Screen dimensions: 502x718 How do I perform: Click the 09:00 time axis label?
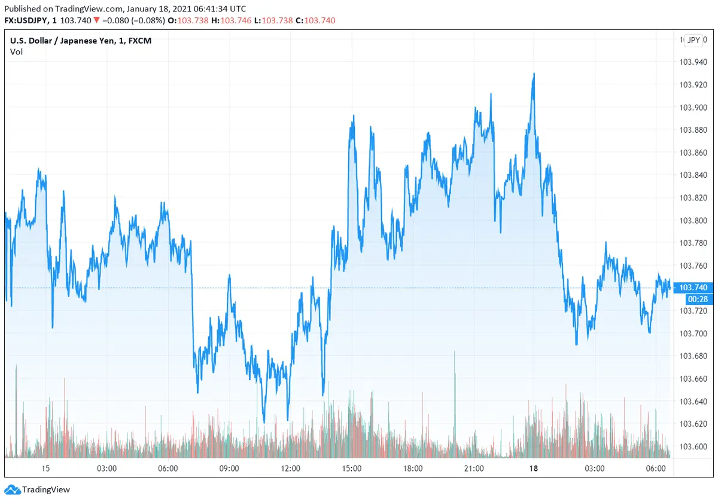click(229, 468)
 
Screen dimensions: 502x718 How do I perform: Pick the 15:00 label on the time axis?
click(351, 468)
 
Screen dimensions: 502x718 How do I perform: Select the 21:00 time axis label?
click(473, 468)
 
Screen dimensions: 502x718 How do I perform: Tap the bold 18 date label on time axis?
click(534, 468)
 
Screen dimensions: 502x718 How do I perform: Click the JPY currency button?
click(693, 41)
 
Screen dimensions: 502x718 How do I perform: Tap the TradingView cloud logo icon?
click(13, 490)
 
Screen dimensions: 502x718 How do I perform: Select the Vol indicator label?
click(16, 52)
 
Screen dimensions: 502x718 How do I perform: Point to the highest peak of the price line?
click(534, 74)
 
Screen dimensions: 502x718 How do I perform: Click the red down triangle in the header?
click(96, 20)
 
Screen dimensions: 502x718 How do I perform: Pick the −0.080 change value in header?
click(115, 20)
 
